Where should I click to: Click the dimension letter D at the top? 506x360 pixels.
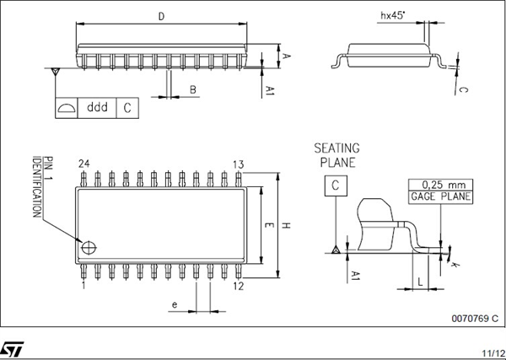[161, 16]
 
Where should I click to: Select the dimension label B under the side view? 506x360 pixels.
[192, 89]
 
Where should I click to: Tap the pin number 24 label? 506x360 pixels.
[83, 163]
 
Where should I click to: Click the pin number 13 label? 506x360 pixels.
[239, 163]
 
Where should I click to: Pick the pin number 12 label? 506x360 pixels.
[238, 287]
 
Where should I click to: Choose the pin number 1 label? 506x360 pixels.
[83, 287]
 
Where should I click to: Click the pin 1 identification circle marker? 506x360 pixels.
[88, 246]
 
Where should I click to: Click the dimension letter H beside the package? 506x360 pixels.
[287, 225]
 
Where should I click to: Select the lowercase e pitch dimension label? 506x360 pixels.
[175, 304]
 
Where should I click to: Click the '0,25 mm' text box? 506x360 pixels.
[440, 185]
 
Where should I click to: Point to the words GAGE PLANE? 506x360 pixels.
[440, 197]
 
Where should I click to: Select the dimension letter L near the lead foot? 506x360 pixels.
[420, 284]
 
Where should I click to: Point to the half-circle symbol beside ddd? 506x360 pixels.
[66, 108]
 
